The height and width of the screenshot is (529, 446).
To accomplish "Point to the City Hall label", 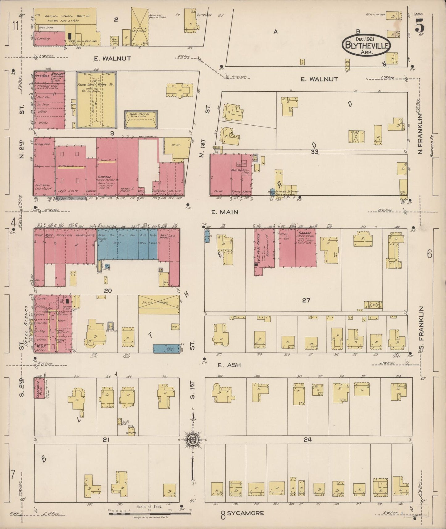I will (x=40, y=76).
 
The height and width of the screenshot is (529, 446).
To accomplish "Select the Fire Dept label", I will (x=57, y=75).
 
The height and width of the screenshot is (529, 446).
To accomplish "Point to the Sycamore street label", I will (x=246, y=513).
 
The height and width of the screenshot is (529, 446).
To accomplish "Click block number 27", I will (x=306, y=300).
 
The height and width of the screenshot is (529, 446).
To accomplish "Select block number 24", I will (x=307, y=439).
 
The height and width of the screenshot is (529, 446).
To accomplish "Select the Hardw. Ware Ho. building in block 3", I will (x=141, y=119).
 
